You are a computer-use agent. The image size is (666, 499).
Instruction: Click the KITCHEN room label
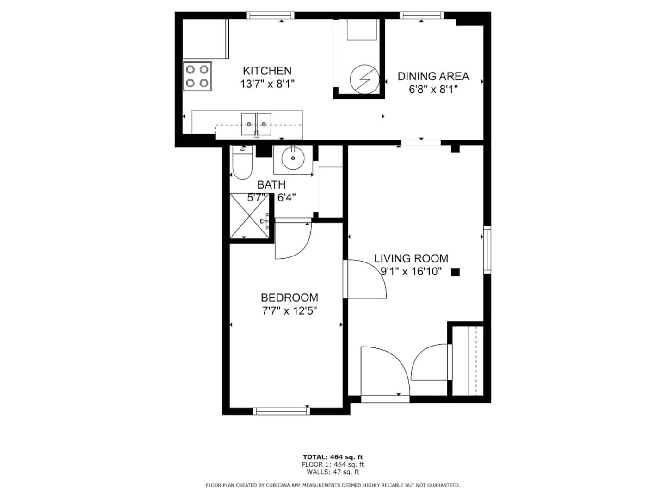[267, 71]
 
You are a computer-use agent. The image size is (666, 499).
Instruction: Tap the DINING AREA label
[433, 76]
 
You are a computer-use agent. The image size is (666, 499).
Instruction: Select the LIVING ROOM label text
[411, 258]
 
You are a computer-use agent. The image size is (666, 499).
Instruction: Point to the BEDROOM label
[290, 298]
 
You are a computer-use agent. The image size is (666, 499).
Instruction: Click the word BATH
[271, 184]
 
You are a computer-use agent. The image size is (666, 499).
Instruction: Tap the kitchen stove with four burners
[197, 76]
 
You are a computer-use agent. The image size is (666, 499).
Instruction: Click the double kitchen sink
[256, 124]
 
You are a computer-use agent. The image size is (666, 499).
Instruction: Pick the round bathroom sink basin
[293, 158]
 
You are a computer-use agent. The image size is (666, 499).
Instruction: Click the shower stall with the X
[250, 215]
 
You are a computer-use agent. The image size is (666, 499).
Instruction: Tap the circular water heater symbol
[364, 79]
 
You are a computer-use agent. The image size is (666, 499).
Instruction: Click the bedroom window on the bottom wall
[282, 411]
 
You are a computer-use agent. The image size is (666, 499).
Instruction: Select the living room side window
[487, 249]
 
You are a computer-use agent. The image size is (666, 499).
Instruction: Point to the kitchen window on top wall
[270, 15]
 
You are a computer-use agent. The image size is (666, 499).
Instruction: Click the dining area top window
[421, 15]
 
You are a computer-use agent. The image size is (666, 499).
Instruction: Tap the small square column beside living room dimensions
[456, 273]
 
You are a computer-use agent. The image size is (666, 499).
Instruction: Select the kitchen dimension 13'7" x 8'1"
[267, 84]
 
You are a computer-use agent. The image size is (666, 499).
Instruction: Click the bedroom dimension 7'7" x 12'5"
[290, 311]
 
